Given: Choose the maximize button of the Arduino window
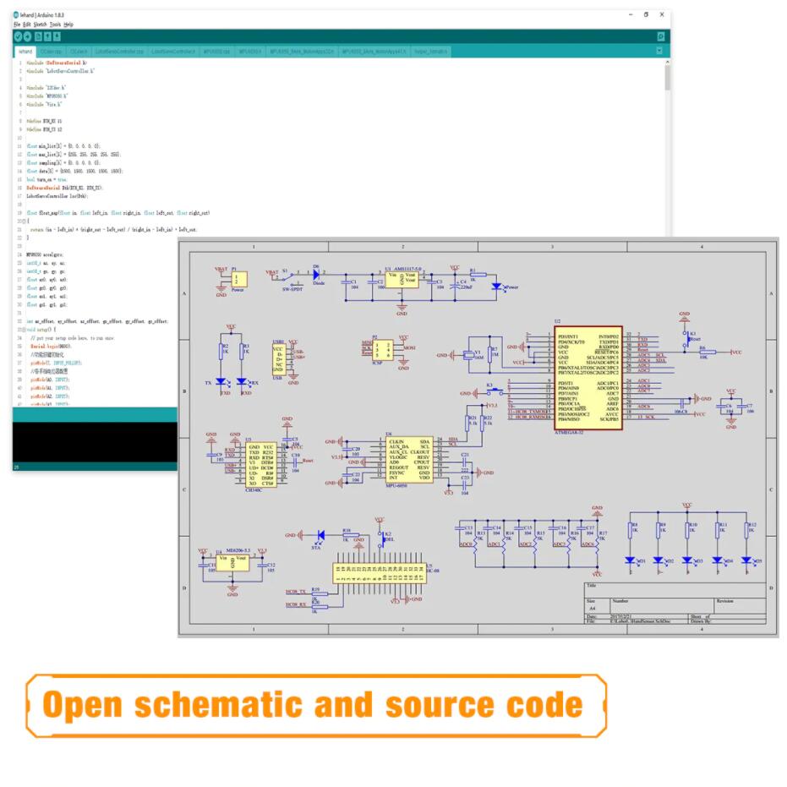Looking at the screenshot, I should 646,14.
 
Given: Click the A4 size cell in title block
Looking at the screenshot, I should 591,608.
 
